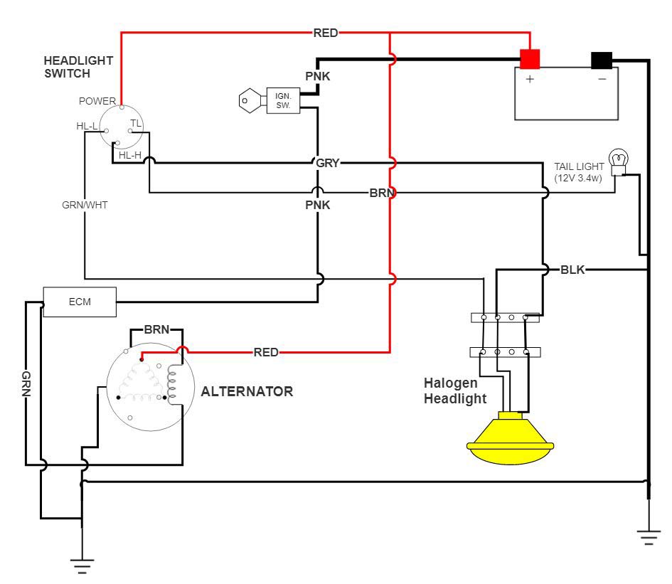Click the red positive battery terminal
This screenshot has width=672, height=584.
click(530, 58)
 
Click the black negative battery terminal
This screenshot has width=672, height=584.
click(602, 60)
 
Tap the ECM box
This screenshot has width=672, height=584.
click(79, 302)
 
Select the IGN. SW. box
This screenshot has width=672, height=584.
click(283, 100)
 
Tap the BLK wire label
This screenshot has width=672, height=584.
click(572, 270)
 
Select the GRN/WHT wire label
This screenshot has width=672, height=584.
click(85, 204)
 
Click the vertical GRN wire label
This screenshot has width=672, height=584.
click(26, 384)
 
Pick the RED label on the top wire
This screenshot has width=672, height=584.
click(326, 33)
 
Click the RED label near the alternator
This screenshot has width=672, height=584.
click(266, 352)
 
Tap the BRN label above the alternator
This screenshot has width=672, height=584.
click(156, 330)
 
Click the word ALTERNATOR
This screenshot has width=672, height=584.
click(247, 391)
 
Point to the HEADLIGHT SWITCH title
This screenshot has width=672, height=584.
click(68, 67)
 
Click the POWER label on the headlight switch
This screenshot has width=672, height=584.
click(97, 101)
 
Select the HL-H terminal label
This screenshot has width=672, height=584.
click(130, 155)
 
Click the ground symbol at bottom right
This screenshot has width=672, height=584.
click(648, 536)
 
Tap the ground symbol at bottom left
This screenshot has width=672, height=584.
click(82, 566)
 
